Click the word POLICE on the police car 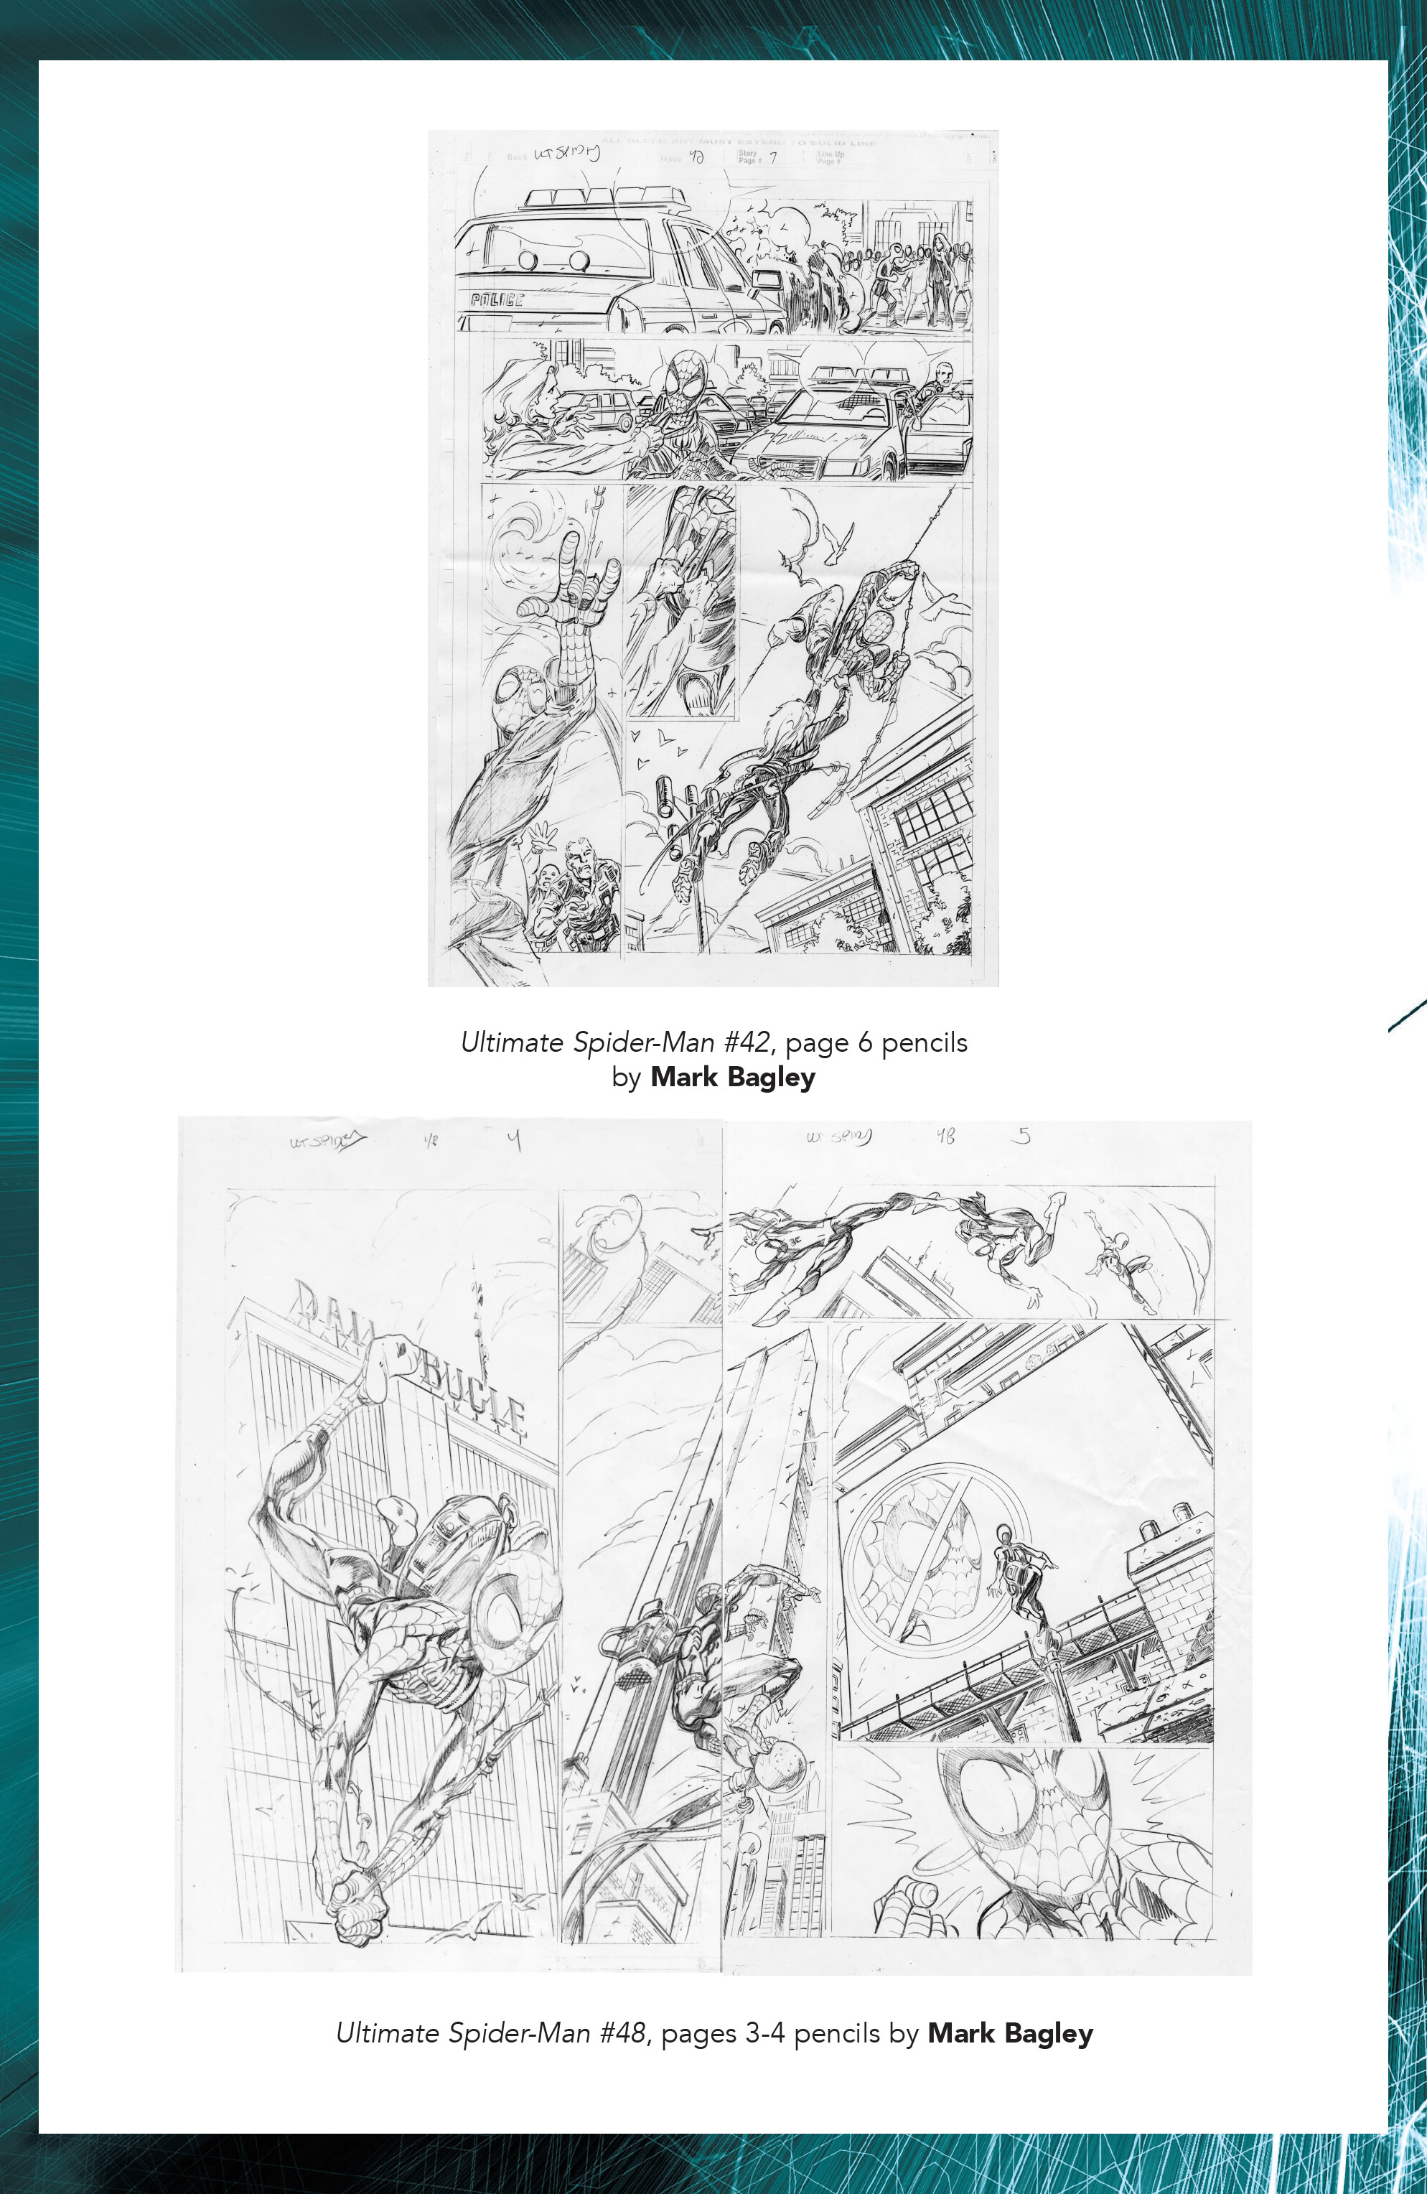click(497, 299)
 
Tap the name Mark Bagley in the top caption click(733, 1077)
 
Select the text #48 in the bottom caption click(622, 2032)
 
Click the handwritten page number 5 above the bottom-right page click(1021, 1136)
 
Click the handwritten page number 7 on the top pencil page click(773, 158)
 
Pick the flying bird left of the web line click(841, 544)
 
